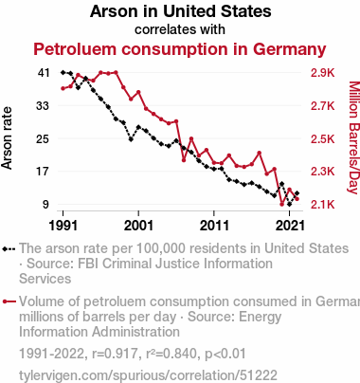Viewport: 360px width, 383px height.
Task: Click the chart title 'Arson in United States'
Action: [180, 11]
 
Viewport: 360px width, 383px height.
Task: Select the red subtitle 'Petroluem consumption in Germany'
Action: [180, 49]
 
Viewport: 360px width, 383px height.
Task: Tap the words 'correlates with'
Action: [180, 29]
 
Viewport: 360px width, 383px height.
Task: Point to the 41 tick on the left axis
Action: [44, 73]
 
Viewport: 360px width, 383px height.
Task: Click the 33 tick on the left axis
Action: [43, 106]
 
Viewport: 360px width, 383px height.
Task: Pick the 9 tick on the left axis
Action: [46, 205]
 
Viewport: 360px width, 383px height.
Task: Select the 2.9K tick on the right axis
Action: [322, 73]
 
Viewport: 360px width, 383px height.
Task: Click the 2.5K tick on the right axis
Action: [322, 139]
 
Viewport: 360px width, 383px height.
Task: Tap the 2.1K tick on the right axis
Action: [322, 205]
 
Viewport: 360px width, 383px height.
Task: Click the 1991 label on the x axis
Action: [63, 226]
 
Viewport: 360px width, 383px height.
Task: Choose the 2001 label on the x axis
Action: [138, 226]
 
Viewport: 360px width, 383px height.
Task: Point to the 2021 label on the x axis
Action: [290, 226]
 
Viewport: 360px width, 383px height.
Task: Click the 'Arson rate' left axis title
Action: [7, 138]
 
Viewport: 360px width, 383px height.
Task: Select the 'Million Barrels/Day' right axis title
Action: [354, 137]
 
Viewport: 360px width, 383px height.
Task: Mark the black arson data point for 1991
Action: [63, 72]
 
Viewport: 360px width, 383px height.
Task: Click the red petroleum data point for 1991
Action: [63, 88]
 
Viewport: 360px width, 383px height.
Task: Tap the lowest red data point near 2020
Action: [282, 205]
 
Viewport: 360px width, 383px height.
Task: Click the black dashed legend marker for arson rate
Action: [9, 249]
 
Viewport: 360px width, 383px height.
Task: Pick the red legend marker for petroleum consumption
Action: [9, 301]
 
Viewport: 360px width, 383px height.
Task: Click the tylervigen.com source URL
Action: [148, 375]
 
